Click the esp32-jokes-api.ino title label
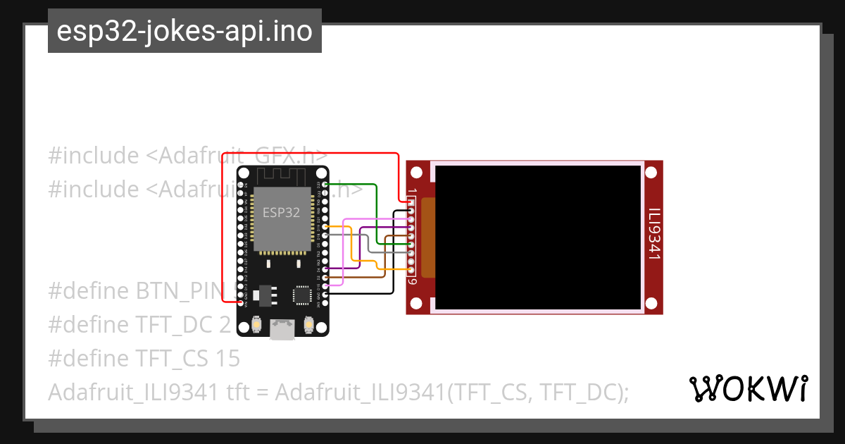point(184,31)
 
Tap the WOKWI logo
point(748,388)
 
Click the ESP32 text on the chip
point(282,212)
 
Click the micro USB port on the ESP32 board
point(283,328)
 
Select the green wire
point(376,211)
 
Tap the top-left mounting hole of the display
point(417,172)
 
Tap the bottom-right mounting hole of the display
point(652,303)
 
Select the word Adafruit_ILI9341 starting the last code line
point(133,393)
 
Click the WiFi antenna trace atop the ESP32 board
point(282,175)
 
